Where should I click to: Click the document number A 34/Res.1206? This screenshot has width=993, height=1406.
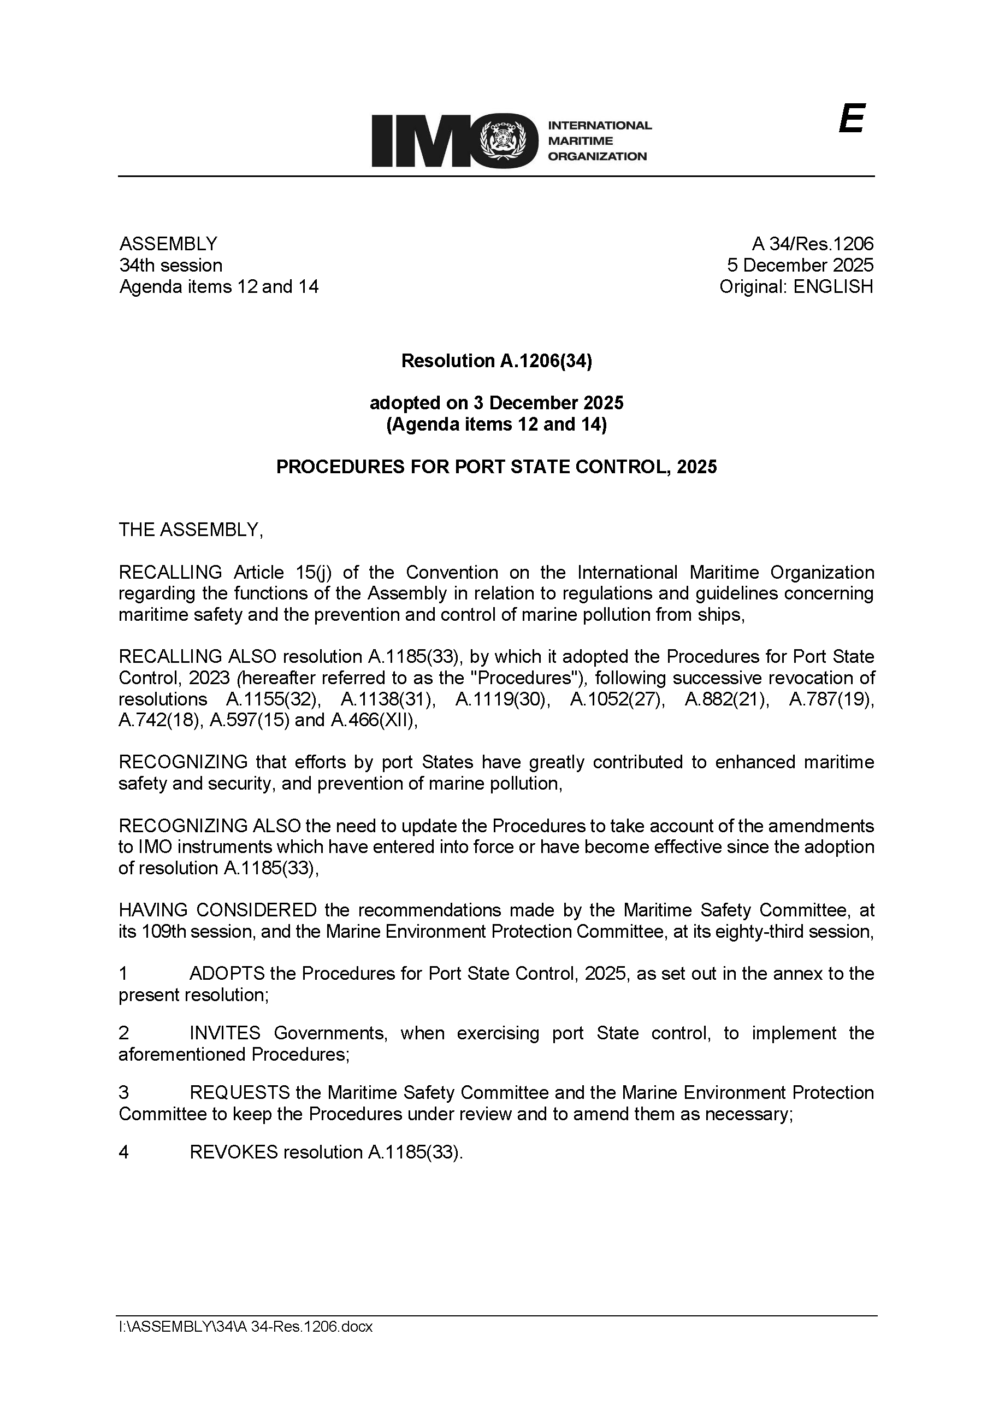[812, 244]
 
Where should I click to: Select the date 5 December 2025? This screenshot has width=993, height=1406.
[800, 266]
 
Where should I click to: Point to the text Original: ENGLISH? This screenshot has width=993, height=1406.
[796, 286]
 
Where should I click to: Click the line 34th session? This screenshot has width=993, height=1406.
[171, 266]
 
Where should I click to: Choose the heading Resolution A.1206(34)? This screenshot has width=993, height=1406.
[496, 361]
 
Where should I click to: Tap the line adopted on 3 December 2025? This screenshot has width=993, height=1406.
[496, 403]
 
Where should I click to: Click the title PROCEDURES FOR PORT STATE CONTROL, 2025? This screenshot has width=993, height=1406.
[496, 467]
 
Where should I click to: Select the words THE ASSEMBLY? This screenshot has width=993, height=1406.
[191, 530]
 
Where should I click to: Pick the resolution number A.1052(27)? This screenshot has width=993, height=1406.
[617, 699]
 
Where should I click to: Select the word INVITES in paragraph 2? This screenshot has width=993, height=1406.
[224, 1033]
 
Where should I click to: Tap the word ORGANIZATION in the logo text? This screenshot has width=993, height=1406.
[597, 156]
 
